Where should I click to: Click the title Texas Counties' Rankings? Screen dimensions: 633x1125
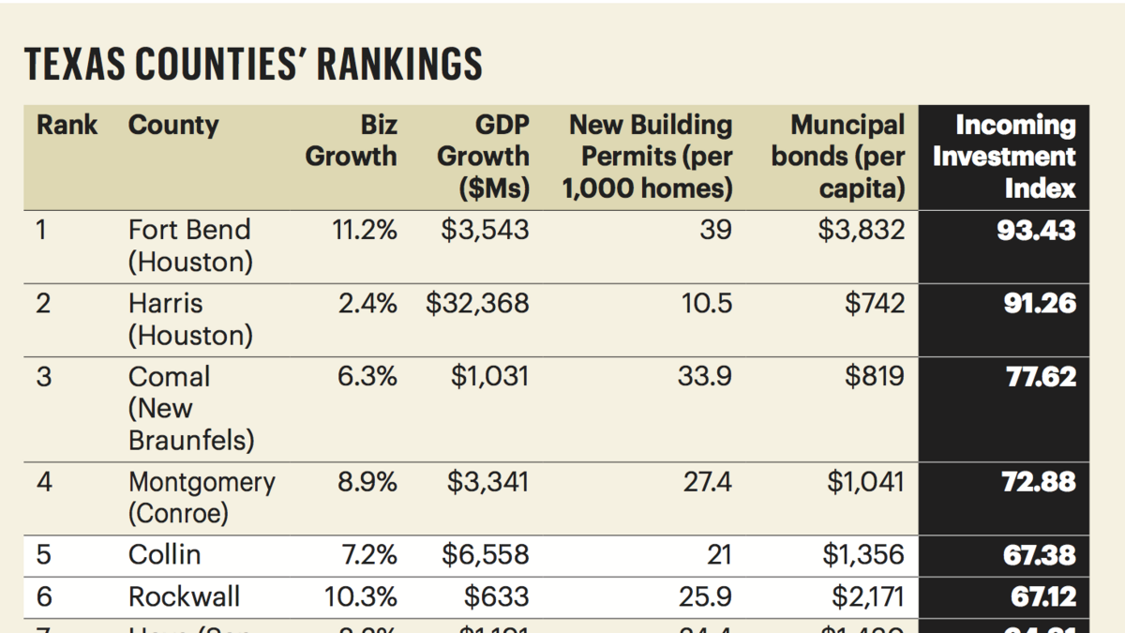253,65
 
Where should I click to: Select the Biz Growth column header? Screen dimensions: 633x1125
352,141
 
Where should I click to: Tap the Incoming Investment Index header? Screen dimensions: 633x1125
1004,157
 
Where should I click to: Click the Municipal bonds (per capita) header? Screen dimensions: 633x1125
838,157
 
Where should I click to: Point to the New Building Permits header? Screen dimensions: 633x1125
648,157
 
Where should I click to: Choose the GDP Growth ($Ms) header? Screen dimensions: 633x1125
484,157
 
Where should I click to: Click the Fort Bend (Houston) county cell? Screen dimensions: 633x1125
190,246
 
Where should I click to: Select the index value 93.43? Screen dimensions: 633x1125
1036,230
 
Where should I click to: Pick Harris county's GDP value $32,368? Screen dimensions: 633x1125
477,304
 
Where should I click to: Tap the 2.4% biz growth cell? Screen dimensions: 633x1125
367,304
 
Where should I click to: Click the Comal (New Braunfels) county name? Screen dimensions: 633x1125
190,409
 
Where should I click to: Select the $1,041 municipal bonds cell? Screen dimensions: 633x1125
865,482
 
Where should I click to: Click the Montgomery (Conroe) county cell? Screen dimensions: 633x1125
202,498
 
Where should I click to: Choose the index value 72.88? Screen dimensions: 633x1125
1039,482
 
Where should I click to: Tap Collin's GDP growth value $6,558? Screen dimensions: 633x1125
485,554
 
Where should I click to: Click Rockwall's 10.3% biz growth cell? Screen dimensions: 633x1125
361,596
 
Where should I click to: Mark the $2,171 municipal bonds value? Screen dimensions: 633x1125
867,596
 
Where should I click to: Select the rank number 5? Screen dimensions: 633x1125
43,554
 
